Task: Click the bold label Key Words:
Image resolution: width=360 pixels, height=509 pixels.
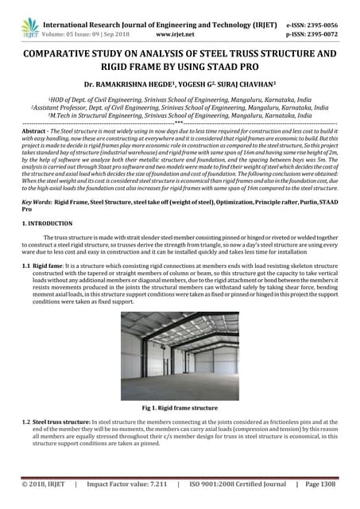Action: coord(37,204)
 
